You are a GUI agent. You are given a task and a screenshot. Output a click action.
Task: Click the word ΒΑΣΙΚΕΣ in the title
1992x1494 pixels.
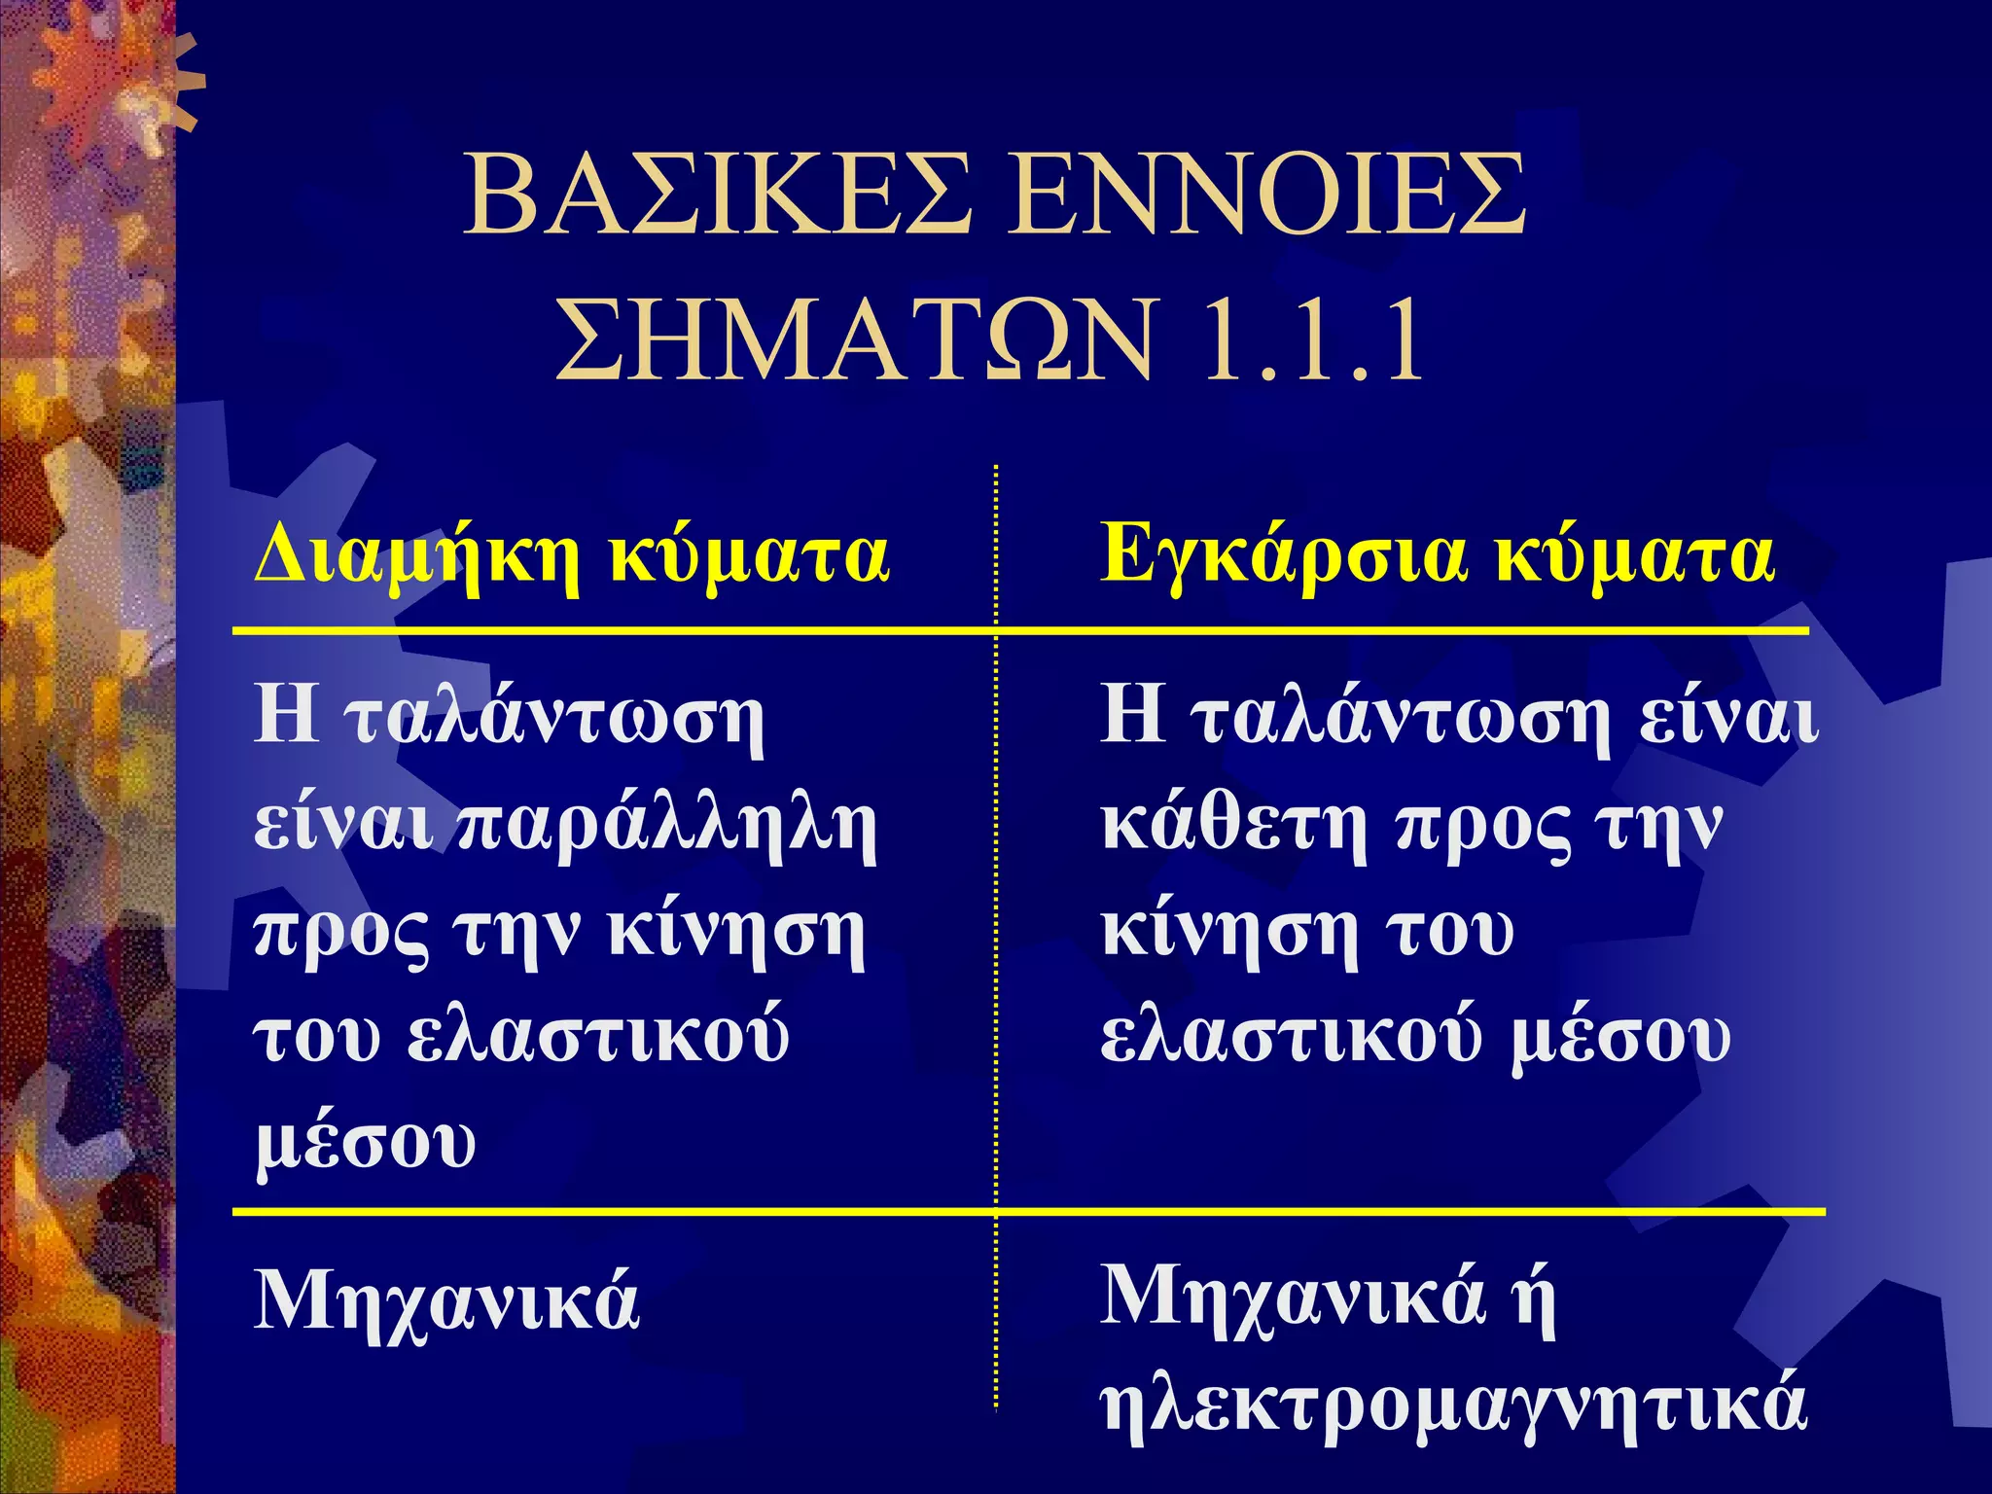point(718,197)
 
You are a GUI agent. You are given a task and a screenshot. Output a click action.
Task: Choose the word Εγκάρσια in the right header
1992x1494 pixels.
point(1282,557)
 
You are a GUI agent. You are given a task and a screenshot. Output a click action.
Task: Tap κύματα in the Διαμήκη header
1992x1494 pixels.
point(749,557)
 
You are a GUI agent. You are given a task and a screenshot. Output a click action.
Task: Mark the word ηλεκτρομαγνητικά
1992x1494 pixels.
point(1454,1405)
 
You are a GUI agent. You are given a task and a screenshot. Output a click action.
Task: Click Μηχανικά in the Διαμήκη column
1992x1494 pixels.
point(446,1301)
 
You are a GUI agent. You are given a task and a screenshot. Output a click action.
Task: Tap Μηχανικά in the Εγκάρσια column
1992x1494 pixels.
point(1293,1298)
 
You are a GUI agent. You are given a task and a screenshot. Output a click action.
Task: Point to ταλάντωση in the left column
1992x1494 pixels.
point(554,720)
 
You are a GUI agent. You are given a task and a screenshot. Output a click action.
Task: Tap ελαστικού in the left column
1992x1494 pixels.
point(597,1037)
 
